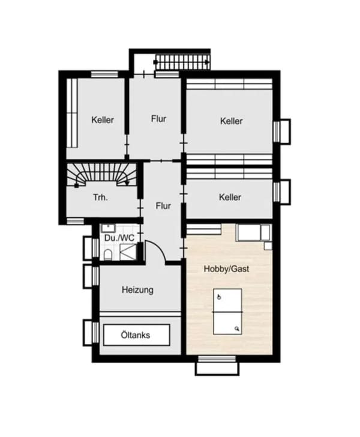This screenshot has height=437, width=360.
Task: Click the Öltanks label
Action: [x=136, y=335]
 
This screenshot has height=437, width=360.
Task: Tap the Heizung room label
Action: [x=137, y=290]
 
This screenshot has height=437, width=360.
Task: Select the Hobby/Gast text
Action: [x=226, y=269]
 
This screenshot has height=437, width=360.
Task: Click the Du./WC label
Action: [x=119, y=238]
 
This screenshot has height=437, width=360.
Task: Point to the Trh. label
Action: [x=100, y=197]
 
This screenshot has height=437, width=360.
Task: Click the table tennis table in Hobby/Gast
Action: [x=227, y=312]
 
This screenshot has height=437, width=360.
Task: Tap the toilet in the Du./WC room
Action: [x=107, y=255]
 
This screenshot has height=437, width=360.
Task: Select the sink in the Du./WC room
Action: [x=108, y=228]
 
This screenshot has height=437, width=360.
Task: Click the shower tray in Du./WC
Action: [x=128, y=252]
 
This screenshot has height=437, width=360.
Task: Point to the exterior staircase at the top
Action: [x=182, y=62]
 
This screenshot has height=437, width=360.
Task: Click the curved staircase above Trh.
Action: [x=102, y=175]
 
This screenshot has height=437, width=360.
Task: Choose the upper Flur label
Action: [x=158, y=119]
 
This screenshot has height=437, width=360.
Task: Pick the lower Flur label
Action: [x=163, y=206]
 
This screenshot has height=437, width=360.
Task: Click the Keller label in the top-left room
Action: [x=103, y=120]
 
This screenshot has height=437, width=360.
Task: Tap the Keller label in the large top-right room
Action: [x=231, y=121]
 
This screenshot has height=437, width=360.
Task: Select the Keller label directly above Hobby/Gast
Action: [x=230, y=197]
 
